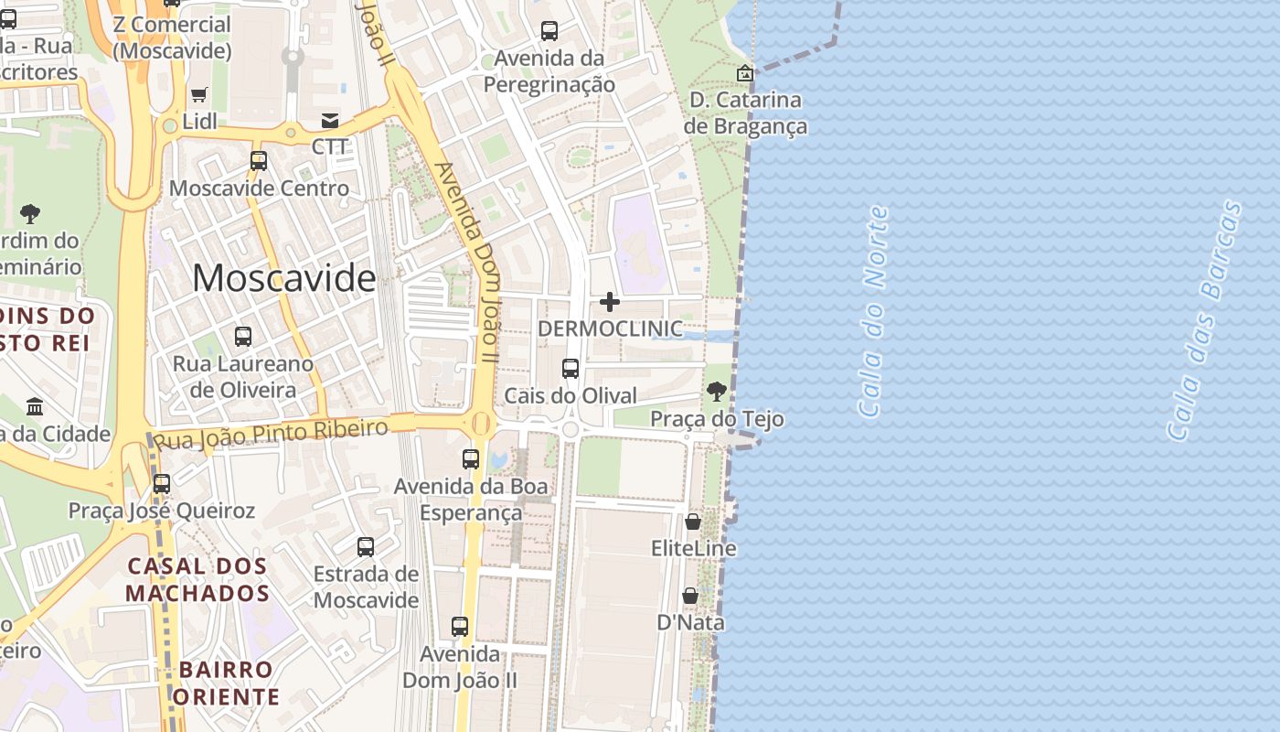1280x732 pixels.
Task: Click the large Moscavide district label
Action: [x=283, y=278]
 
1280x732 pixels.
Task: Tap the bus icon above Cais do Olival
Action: [x=571, y=369]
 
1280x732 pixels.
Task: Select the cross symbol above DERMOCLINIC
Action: [x=610, y=302]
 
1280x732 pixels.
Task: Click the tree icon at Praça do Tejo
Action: [x=717, y=392]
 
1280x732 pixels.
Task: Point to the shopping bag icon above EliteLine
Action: [x=693, y=522]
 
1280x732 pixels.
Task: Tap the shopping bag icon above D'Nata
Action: [x=690, y=596]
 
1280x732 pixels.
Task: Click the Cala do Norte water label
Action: [x=873, y=311]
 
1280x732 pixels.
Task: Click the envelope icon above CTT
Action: [x=330, y=121]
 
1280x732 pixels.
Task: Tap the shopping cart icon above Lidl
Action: [x=198, y=94]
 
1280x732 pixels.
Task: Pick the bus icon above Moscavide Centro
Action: [x=259, y=161]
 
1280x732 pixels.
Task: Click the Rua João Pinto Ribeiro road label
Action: [x=270, y=434]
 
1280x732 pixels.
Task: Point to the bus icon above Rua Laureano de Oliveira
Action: [x=242, y=336]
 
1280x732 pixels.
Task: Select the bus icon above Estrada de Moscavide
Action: [x=366, y=547]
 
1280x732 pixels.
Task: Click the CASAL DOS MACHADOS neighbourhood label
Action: [x=197, y=579]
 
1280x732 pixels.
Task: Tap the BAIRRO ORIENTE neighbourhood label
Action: [x=226, y=683]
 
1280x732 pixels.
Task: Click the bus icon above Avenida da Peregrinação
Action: [x=549, y=31]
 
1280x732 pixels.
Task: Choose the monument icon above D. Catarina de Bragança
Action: [x=745, y=73]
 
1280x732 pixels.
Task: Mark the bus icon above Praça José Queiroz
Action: [x=162, y=483]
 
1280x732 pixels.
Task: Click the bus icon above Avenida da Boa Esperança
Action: [x=471, y=459]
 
